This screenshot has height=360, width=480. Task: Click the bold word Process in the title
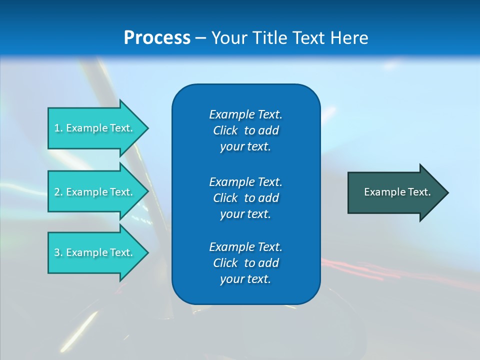pyautogui.click(x=157, y=38)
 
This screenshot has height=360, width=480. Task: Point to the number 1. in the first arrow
pyautogui.click(x=58, y=128)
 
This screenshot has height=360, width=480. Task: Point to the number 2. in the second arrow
pyautogui.click(x=58, y=192)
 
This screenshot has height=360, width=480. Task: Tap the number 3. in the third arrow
pyautogui.click(x=58, y=252)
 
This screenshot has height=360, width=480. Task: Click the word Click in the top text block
pyautogui.click(x=225, y=130)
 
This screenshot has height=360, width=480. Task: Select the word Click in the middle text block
pyautogui.click(x=225, y=198)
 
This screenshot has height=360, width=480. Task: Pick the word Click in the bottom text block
pyautogui.click(x=225, y=263)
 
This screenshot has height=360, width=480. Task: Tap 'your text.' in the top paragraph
pyautogui.click(x=245, y=147)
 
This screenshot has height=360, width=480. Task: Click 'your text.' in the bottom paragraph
pyautogui.click(x=245, y=279)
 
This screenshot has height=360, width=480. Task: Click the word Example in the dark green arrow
pyautogui.click(x=381, y=192)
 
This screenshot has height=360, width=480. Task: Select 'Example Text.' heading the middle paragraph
pyautogui.click(x=245, y=181)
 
